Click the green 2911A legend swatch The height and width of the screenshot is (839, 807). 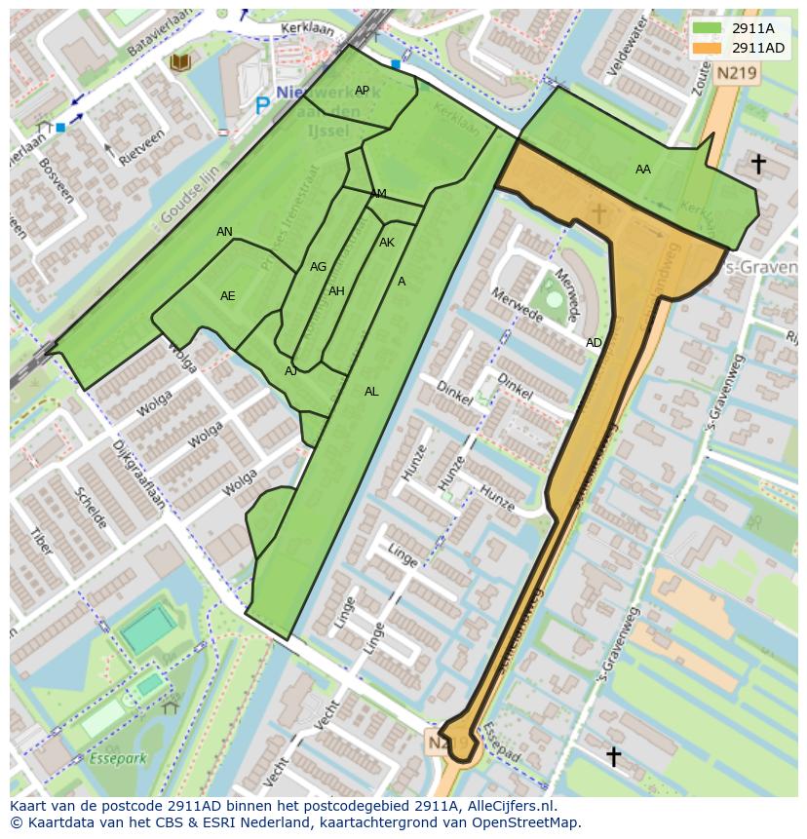[x=709, y=28]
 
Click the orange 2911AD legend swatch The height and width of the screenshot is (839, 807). [x=709, y=47]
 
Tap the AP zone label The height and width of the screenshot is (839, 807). [x=362, y=91]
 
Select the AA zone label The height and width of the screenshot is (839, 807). [x=643, y=170]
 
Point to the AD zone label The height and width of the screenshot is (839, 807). [x=594, y=343]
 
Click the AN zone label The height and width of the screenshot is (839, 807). [x=224, y=232]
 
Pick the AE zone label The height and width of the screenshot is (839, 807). [x=227, y=296]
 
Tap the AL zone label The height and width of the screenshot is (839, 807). [x=371, y=392]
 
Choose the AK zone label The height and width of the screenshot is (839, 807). [x=387, y=243]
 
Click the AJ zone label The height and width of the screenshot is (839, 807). [x=290, y=371]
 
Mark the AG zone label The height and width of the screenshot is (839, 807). [x=318, y=267]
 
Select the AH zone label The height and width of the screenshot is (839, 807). [x=336, y=291]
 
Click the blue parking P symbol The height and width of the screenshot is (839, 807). [x=262, y=104]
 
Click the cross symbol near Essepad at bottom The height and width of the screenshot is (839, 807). [x=613, y=755]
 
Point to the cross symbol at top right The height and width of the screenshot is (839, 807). [x=757, y=164]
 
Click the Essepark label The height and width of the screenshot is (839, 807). [x=116, y=757]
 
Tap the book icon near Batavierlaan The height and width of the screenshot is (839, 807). [x=179, y=63]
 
